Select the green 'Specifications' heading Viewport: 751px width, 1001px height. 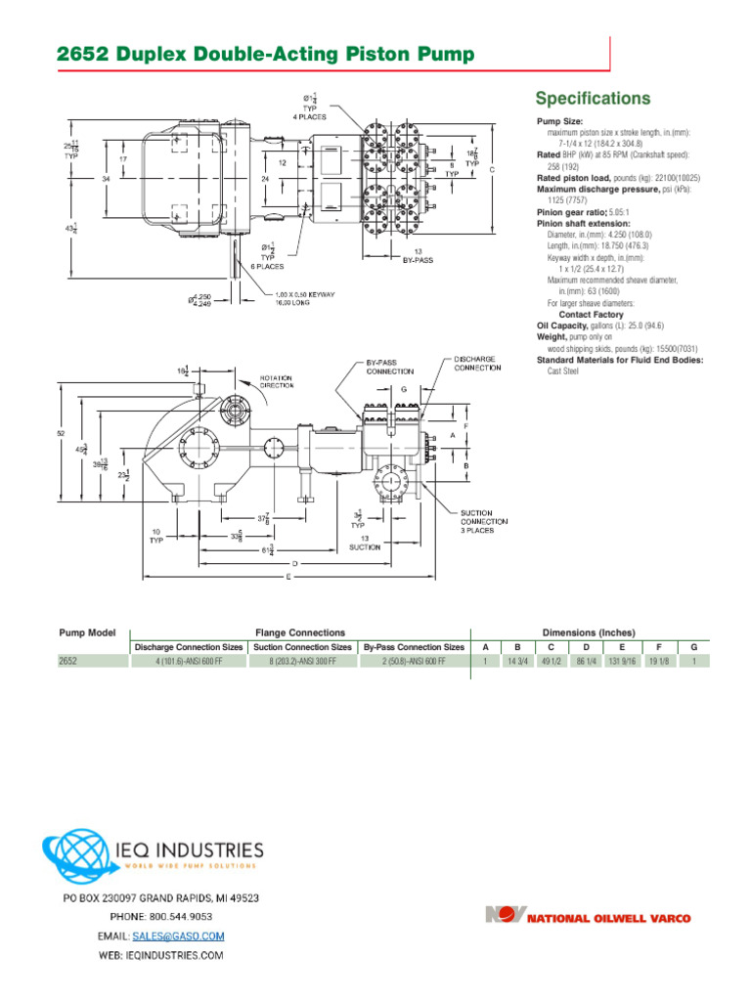point(593,99)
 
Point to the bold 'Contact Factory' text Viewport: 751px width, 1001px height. point(591,315)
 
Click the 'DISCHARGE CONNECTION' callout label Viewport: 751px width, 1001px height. point(476,364)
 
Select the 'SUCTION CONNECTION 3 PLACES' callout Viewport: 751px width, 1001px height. point(484,522)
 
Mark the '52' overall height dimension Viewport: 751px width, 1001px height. point(61,433)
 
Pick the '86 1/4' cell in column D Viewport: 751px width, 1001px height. point(587,661)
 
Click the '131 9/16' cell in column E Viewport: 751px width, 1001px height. point(622,661)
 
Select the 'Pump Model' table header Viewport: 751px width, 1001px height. point(87,633)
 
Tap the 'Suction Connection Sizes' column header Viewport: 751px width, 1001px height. point(302,647)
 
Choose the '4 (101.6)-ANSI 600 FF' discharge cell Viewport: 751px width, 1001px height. point(189,661)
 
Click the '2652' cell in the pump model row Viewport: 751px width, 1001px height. point(67,661)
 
